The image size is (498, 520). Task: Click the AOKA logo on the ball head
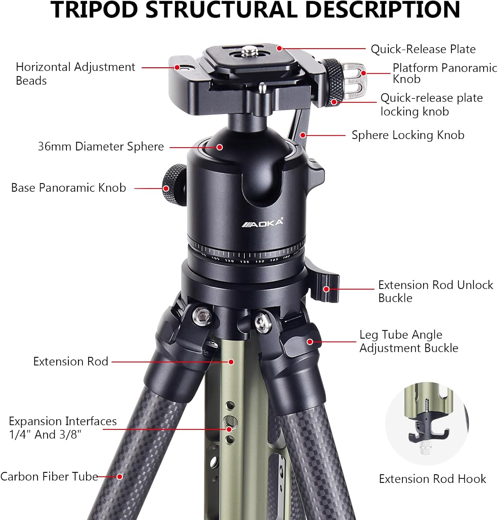(x=262, y=223)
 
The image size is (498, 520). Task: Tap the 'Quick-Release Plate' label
(x=423, y=49)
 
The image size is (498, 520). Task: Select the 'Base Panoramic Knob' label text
(x=69, y=188)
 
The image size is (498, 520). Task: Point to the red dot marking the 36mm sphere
(x=219, y=147)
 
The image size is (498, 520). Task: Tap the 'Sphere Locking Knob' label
(x=408, y=135)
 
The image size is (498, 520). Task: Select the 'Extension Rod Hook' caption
(x=432, y=479)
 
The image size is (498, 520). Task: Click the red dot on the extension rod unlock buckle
(x=326, y=289)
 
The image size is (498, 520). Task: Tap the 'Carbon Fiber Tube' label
(x=49, y=476)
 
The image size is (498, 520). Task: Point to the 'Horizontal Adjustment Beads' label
(x=75, y=73)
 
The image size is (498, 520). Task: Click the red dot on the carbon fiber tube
(x=120, y=477)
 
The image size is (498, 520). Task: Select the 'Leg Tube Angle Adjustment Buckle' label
(x=409, y=341)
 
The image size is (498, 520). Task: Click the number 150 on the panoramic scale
(x=260, y=261)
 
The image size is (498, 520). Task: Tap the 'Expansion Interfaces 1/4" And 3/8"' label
(x=63, y=427)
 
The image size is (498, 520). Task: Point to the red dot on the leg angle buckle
(x=310, y=342)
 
